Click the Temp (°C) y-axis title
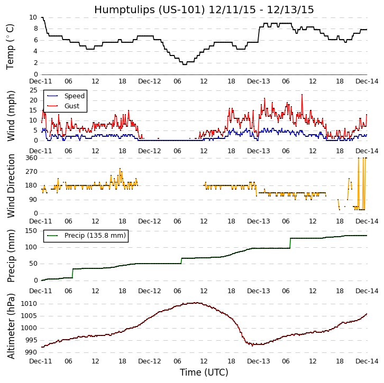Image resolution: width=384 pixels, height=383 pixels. coord(11,46)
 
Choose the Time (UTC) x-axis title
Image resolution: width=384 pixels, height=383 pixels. coord(204,372)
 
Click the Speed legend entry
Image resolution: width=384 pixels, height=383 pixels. coord(74,96)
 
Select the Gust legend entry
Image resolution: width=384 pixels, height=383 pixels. coord(72,106)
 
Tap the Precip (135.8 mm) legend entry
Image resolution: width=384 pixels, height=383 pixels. coord(95,236)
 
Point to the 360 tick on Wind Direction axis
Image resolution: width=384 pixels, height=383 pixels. coord(31,158)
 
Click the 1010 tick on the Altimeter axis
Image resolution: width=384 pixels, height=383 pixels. coord(29,304)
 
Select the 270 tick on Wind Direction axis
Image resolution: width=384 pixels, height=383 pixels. coord(31,172)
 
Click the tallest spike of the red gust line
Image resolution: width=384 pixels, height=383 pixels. coord(302,95)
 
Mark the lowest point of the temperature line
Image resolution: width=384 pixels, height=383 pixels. coord(184,64)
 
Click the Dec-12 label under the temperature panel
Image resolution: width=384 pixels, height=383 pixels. coord(150,81)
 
